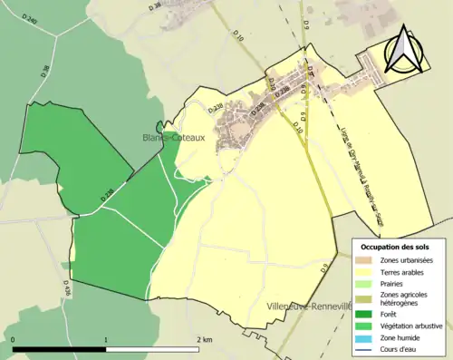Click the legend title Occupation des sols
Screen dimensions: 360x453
click(397, 247)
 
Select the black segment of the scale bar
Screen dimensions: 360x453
click(60, 349)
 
